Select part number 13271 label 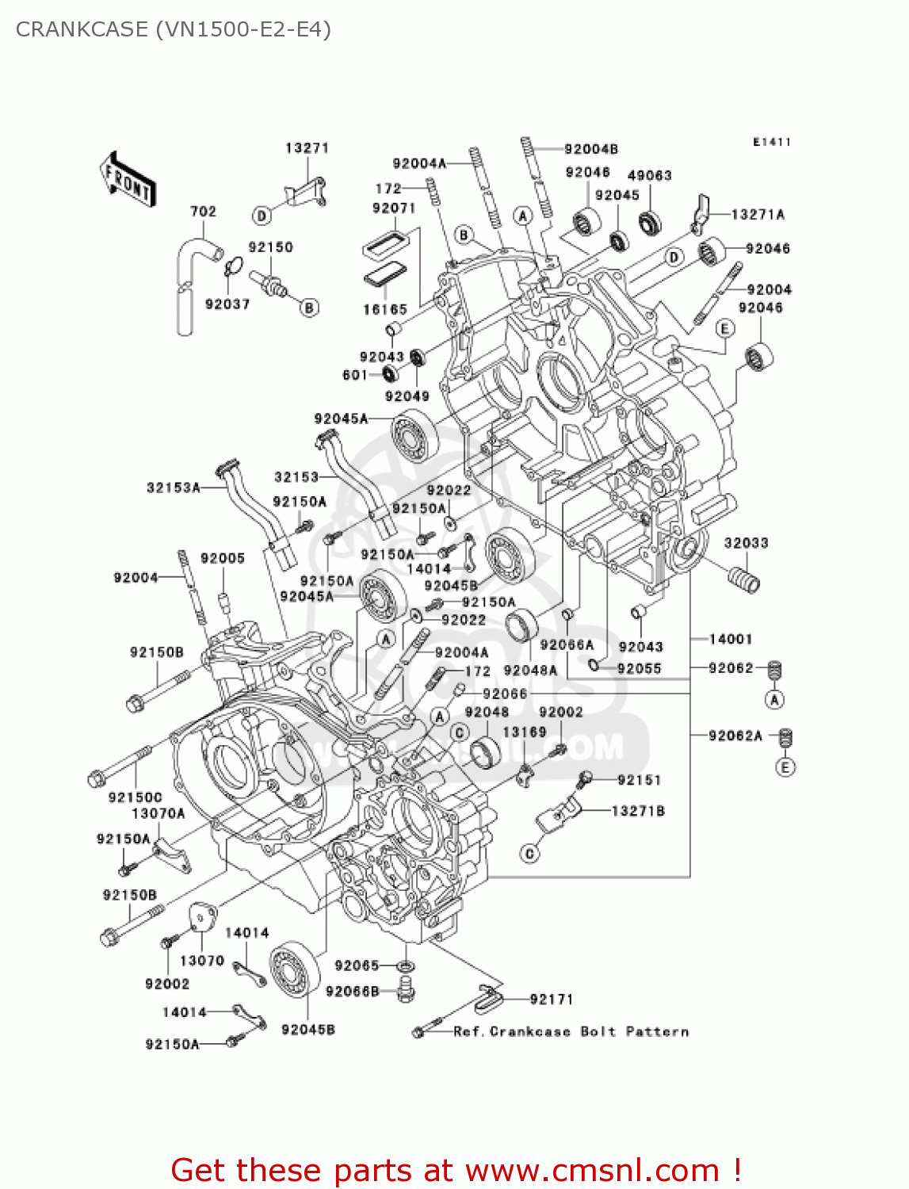307,148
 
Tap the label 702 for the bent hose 203,212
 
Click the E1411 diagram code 771,142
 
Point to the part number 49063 649,176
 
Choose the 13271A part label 757,215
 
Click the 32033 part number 745,543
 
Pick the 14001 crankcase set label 730,639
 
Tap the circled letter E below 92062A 785,767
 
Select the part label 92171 551,1000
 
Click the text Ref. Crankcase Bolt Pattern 571,1031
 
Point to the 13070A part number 158,813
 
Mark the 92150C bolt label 135,797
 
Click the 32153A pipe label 173,487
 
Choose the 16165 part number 384,310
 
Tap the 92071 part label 393,208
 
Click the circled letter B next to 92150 310,308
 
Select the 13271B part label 637,811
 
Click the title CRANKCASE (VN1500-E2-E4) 173,29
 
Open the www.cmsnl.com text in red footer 591,1170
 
